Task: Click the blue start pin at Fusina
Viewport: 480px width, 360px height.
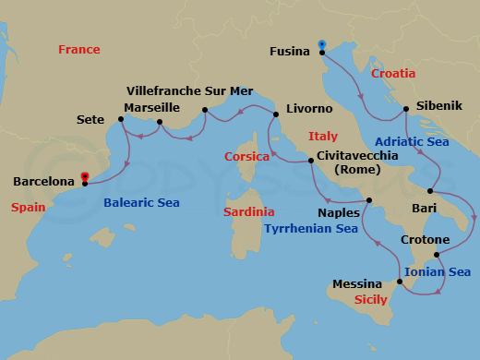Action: click(322, 43)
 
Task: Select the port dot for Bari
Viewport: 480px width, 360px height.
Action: click(429, 191)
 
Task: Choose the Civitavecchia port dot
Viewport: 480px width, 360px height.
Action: click(311, 162)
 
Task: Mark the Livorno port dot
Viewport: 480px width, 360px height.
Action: click(275, 114)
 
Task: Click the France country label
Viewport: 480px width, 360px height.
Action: click(78, 49)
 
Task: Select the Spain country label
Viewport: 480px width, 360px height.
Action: click(29, 209)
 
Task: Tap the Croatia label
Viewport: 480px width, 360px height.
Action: click(393, 73)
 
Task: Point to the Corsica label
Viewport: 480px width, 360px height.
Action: click(246, 157)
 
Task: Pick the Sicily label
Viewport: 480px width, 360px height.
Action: click(372, 301)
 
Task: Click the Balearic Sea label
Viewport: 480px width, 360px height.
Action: click(141, 202)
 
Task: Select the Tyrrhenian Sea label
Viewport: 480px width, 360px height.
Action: click(310, 228)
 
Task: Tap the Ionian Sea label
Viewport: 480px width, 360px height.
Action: click(438, 271)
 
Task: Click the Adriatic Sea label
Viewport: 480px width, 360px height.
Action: click(412, 141)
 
